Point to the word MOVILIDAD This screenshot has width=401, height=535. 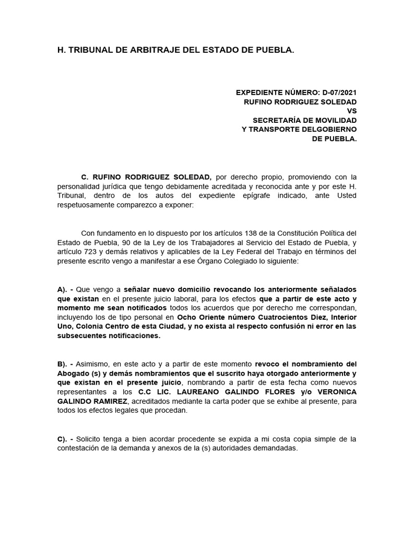click(x=334, y=120)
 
